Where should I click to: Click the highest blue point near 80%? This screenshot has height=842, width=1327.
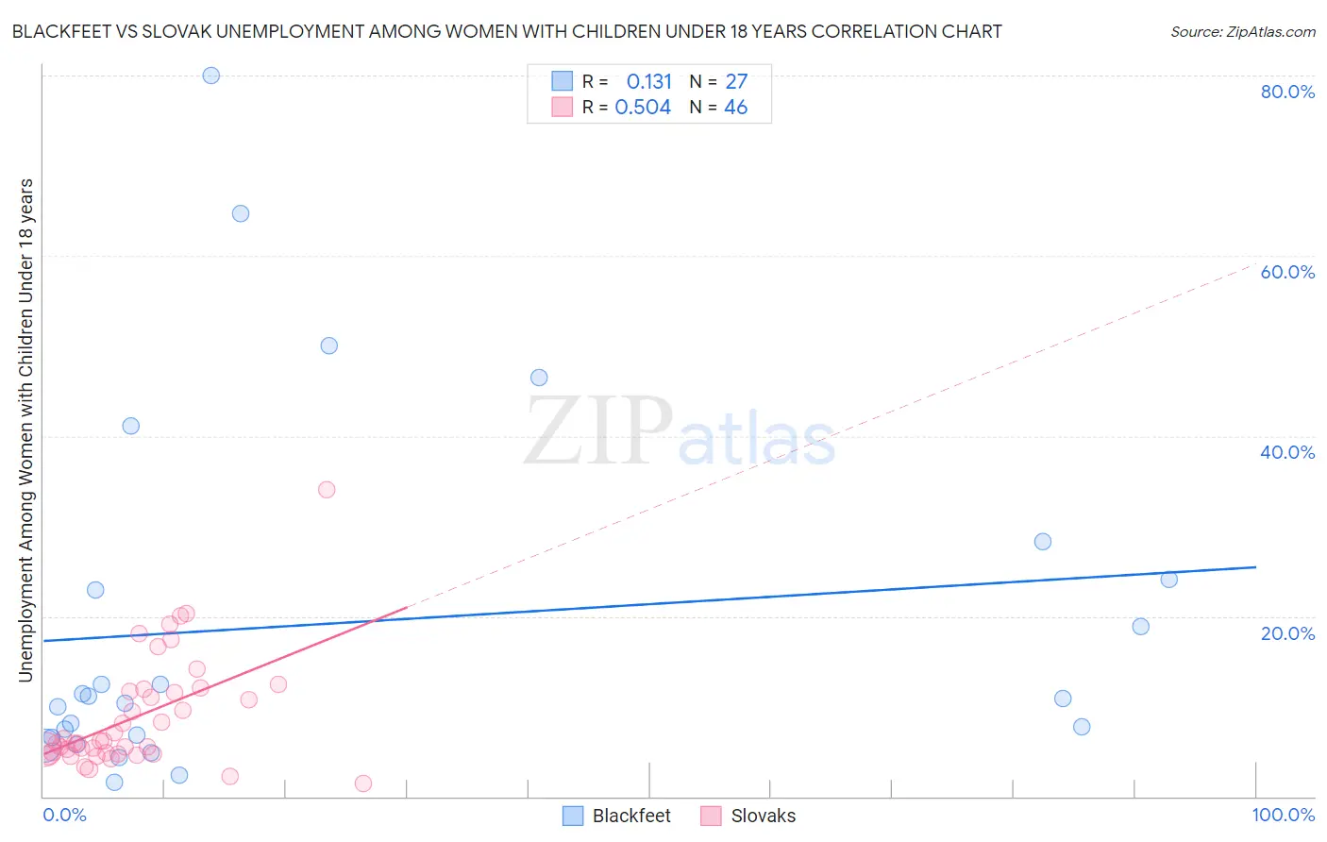point(211,76)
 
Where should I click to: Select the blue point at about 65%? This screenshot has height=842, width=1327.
point(241,213)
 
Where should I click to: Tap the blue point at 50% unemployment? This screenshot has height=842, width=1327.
point(328,345)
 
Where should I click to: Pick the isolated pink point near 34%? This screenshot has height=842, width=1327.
point(327,489)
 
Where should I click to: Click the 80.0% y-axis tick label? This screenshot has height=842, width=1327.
point(1287,92)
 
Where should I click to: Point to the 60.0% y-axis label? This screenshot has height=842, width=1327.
point(1287,272)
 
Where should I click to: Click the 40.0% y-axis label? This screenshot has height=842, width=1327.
point(1287,452)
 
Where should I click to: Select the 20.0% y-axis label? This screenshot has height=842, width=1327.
point(1287,633)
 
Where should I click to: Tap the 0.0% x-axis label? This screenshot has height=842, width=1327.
point(64,815)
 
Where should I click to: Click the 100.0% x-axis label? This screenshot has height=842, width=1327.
point(1283,815)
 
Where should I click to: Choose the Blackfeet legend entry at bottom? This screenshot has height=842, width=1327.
point(616,816)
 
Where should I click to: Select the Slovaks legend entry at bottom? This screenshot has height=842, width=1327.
point(748,816)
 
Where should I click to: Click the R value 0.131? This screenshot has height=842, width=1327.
point(648,82)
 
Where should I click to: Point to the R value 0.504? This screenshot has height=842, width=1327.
point(643,108)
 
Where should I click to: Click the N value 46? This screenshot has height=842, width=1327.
point(735,108)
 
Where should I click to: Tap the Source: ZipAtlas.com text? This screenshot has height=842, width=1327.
point(1242,32)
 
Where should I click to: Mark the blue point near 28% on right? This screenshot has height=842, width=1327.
point(1043,542)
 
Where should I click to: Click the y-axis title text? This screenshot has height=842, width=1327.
point(25,429)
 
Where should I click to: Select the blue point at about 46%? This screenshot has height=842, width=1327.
point(539,378)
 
